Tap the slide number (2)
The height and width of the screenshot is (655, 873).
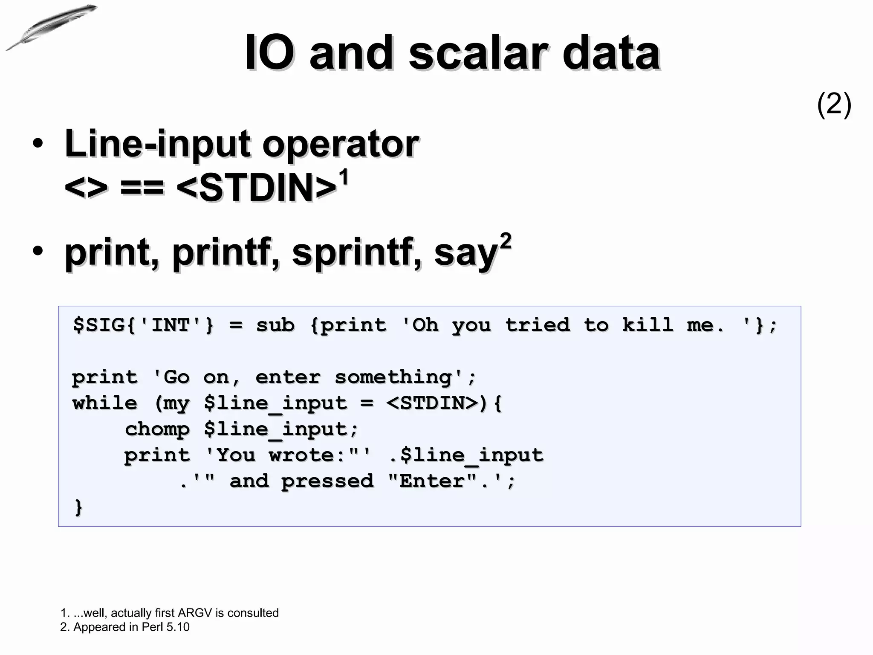coord(834,104)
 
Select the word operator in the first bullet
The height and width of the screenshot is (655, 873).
coord(340,144)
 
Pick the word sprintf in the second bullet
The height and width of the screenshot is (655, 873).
coord(357,252)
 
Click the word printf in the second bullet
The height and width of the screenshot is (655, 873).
coord(226,252)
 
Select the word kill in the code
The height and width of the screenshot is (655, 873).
coord(648,325)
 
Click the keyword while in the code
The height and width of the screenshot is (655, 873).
coord(105,403)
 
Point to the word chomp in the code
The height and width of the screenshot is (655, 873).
coord(157,429)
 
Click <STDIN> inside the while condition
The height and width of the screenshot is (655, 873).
coord(432,403)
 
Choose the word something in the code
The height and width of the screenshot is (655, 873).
coord(393,377)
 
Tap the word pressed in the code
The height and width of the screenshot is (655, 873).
coord(327,481)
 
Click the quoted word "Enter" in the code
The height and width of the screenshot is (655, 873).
coord(432,481)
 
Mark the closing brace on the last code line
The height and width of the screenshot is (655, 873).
coord(78,507)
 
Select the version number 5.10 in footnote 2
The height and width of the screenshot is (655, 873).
coord(178,627)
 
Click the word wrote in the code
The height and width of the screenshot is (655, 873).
coord(301,455)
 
